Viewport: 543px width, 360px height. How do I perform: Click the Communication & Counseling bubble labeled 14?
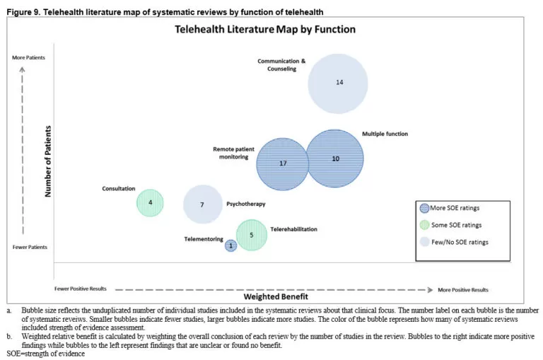338,83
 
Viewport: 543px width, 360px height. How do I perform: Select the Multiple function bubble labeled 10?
335,158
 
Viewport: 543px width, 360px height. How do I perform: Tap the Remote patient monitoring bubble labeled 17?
283,163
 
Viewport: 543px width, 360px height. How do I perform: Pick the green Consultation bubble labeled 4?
150,203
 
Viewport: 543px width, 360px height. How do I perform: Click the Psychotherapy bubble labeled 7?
203,204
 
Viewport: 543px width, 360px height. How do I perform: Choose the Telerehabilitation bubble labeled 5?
251,235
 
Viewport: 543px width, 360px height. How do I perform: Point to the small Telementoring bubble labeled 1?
230,246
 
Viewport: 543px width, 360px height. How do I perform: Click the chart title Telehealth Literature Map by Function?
265,30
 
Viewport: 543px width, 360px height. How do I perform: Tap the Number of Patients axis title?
49,161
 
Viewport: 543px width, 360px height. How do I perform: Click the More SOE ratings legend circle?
424,208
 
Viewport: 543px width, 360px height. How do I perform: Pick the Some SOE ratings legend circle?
424,225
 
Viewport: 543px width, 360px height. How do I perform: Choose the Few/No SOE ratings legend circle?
424,242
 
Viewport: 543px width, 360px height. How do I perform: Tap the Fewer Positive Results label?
81,289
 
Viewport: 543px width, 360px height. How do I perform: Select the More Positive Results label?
463,290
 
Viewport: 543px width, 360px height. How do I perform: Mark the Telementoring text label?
204,239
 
